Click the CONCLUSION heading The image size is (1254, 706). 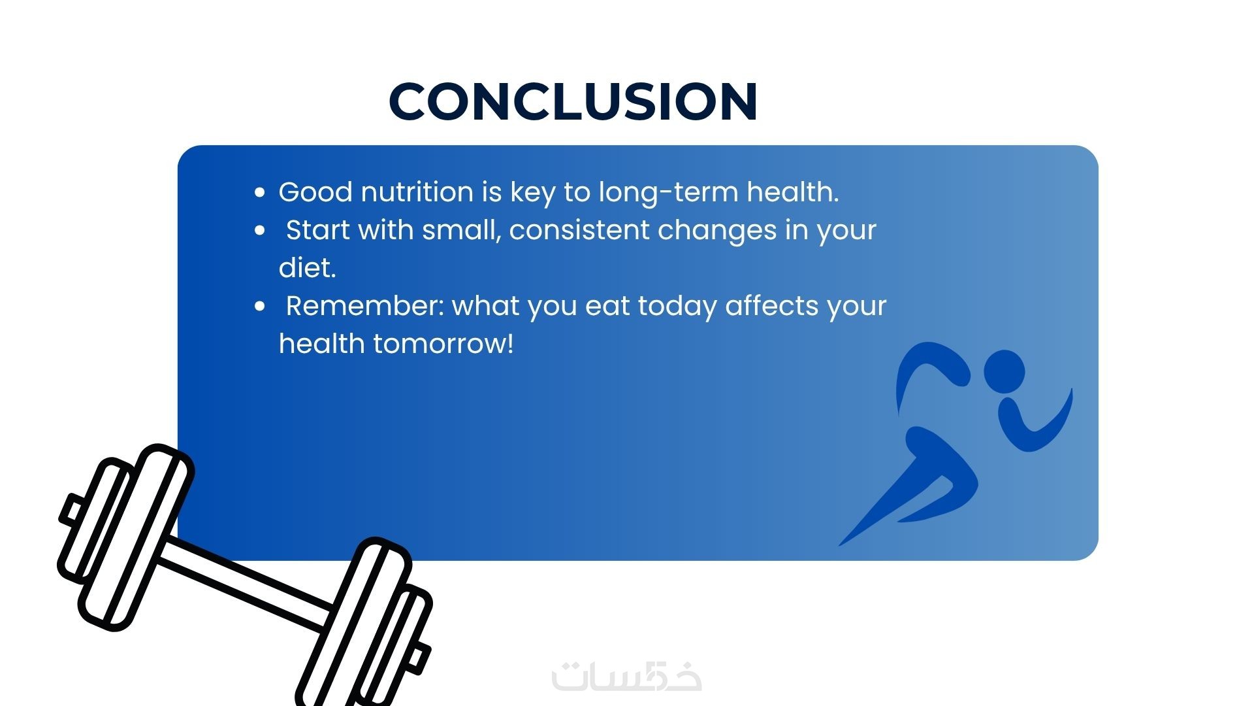click(573, 101)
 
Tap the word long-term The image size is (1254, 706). click(668, 192)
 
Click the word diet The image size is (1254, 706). click(307, 267)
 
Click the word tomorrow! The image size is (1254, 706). click(443, 344)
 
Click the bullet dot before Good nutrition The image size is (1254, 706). click(260, 192)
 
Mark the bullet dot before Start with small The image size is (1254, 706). click(260, 230)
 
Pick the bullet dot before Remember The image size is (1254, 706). click(260, 306)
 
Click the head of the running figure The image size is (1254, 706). click(1005, 373)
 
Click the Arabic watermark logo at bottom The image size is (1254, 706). click(627, 677)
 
